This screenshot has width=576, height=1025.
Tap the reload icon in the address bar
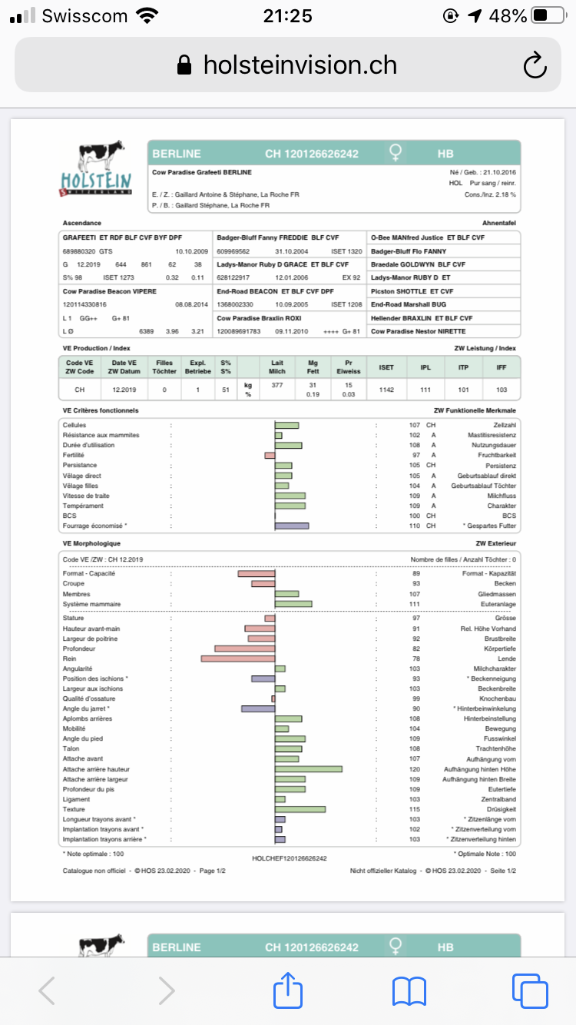click(535, 65)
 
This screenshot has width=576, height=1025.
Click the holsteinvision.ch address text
click(300, 65)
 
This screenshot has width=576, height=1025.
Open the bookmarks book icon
click(409, 990)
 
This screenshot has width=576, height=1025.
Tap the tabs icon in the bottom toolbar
click(529, 990)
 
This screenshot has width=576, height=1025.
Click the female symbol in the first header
click(395, 154)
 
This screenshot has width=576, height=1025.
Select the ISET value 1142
click(386, 390)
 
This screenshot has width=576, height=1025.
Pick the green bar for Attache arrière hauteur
click(308, 769)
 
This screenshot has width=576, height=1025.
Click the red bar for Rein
click(238, 658)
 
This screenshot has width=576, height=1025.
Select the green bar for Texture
click(300, 809)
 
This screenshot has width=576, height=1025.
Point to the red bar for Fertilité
click(270, 456)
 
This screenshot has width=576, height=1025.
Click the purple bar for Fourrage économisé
click(292, 526)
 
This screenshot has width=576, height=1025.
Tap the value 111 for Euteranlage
click(415, 604)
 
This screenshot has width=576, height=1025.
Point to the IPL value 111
click(425, 390)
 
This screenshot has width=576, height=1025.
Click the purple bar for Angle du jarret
click(258, 708)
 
